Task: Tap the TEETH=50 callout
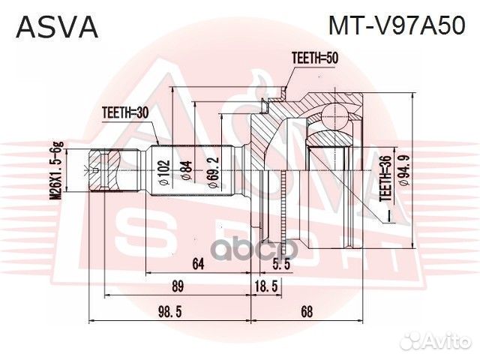[314, 57]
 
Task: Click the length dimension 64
[199, 263]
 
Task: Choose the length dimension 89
[178, 287]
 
